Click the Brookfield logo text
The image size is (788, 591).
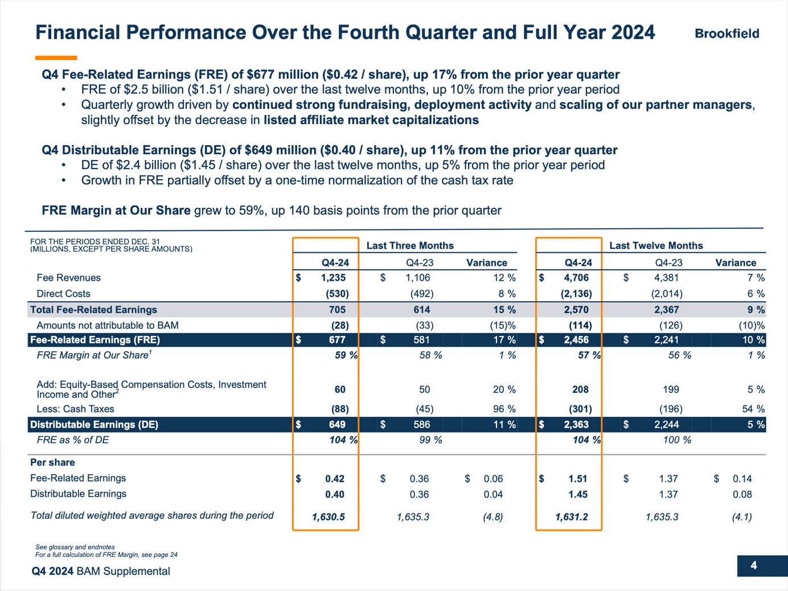(x=727, y=34)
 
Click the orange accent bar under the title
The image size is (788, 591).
(x=56, y=58)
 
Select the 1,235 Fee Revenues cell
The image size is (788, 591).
(x=333, y=278)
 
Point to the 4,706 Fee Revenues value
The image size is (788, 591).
(x=576, y=278)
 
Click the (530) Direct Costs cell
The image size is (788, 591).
(x=337, y=294)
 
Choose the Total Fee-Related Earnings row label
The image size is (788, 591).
(x=93, y=310)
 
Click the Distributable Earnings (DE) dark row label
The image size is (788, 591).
(x=94, y=425)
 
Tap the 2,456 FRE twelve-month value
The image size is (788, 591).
(x=576, y=340)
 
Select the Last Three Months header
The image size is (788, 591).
(x=410, y=245)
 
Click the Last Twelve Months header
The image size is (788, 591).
(x=656, y=245)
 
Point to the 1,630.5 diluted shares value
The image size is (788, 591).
(x=328, y=517)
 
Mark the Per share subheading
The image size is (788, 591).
(x=52, y=462)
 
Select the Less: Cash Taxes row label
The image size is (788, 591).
(x=75, y=409)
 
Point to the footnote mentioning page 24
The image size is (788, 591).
(x=106, y=555)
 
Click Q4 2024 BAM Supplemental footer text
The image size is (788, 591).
(x=101, y=571)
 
